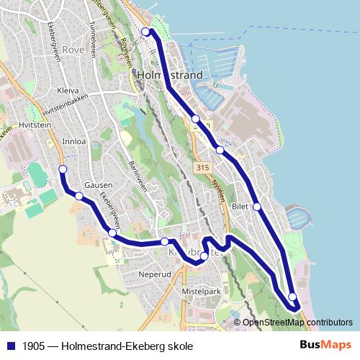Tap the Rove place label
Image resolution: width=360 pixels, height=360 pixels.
point(73,50)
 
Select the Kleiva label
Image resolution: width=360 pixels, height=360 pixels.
point(68,91)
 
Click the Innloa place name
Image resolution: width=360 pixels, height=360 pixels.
point(75,141)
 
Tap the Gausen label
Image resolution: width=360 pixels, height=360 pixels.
point(98,185)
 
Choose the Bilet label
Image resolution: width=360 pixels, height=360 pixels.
point(240,206)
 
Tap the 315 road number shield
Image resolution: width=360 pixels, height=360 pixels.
point(203,167)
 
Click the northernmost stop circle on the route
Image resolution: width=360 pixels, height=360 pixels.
point(145,32)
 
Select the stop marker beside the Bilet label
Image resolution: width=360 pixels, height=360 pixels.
point(257,207)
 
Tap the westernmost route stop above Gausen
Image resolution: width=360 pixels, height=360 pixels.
point(63,169)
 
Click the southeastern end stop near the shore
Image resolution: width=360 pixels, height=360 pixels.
point(292,297)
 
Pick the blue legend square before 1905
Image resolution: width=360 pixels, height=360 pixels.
point(11,346)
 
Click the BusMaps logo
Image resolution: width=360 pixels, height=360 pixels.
point(325,346)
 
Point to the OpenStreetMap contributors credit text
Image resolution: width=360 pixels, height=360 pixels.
point(297,323)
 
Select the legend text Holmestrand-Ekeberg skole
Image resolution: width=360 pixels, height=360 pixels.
point(127,346)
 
